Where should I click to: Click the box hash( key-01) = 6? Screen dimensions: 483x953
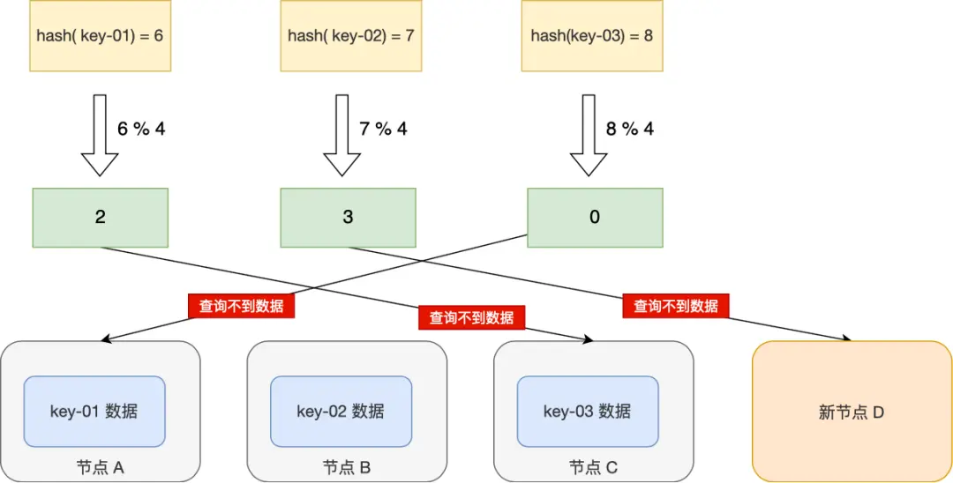tap(100, 35)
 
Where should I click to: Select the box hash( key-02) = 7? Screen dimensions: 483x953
tap(350, 35)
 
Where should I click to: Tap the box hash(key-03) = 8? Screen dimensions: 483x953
tap(591, 35)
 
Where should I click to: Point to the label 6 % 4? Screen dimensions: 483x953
tap(141, 129)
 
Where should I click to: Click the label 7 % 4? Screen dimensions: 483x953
tap(383, 129)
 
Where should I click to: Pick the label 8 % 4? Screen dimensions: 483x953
tap(629, 129)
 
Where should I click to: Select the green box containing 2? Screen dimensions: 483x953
tap(100, 217)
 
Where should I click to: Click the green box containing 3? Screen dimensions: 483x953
tap(348, 217)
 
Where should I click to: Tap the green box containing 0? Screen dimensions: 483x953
tap(594, 217)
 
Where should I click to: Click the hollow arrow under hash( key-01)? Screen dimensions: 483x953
tap(100, 135)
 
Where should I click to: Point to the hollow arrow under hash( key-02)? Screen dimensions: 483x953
tap(342, 135)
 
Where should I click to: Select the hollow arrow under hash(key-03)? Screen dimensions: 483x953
tap(589, 135)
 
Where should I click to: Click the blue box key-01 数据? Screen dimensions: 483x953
tap(94, 411)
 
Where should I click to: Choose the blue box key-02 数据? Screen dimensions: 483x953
tap(341, 411)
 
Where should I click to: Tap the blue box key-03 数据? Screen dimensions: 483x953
tap(587, 411)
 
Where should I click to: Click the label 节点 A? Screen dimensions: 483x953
tap(101, 467)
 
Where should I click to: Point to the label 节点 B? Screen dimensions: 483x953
tap(347, 467)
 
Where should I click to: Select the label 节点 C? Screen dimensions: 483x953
tap(593, 467)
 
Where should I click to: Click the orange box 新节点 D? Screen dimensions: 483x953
tap(852, 412)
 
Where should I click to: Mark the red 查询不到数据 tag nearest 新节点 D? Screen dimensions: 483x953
tap(676, 306)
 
